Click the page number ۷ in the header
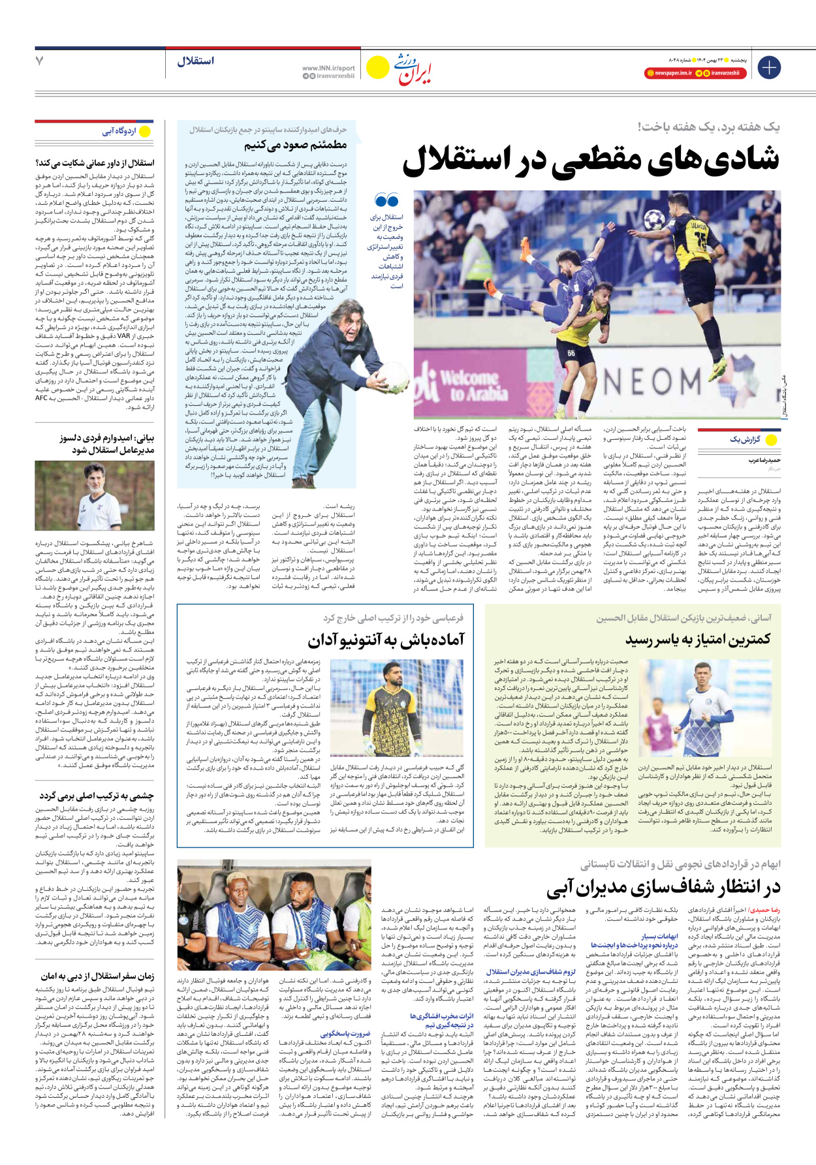pyautogui.click(x=40, y=61)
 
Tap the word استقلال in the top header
pyautogui.click(x=195, y=61)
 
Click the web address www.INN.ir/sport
pyautogui.click(x=328, y=67)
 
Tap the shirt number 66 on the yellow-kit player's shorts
pyautogui.click(x=571, y=354)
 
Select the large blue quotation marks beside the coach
pyautogui.click(x=386, y=200)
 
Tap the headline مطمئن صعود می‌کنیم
pyautogui.click(x=296, y=145)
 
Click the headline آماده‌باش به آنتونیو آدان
pyautogui.click(x=386, y=640)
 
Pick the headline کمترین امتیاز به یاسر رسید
pyautogui.click(x=698, y=638)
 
